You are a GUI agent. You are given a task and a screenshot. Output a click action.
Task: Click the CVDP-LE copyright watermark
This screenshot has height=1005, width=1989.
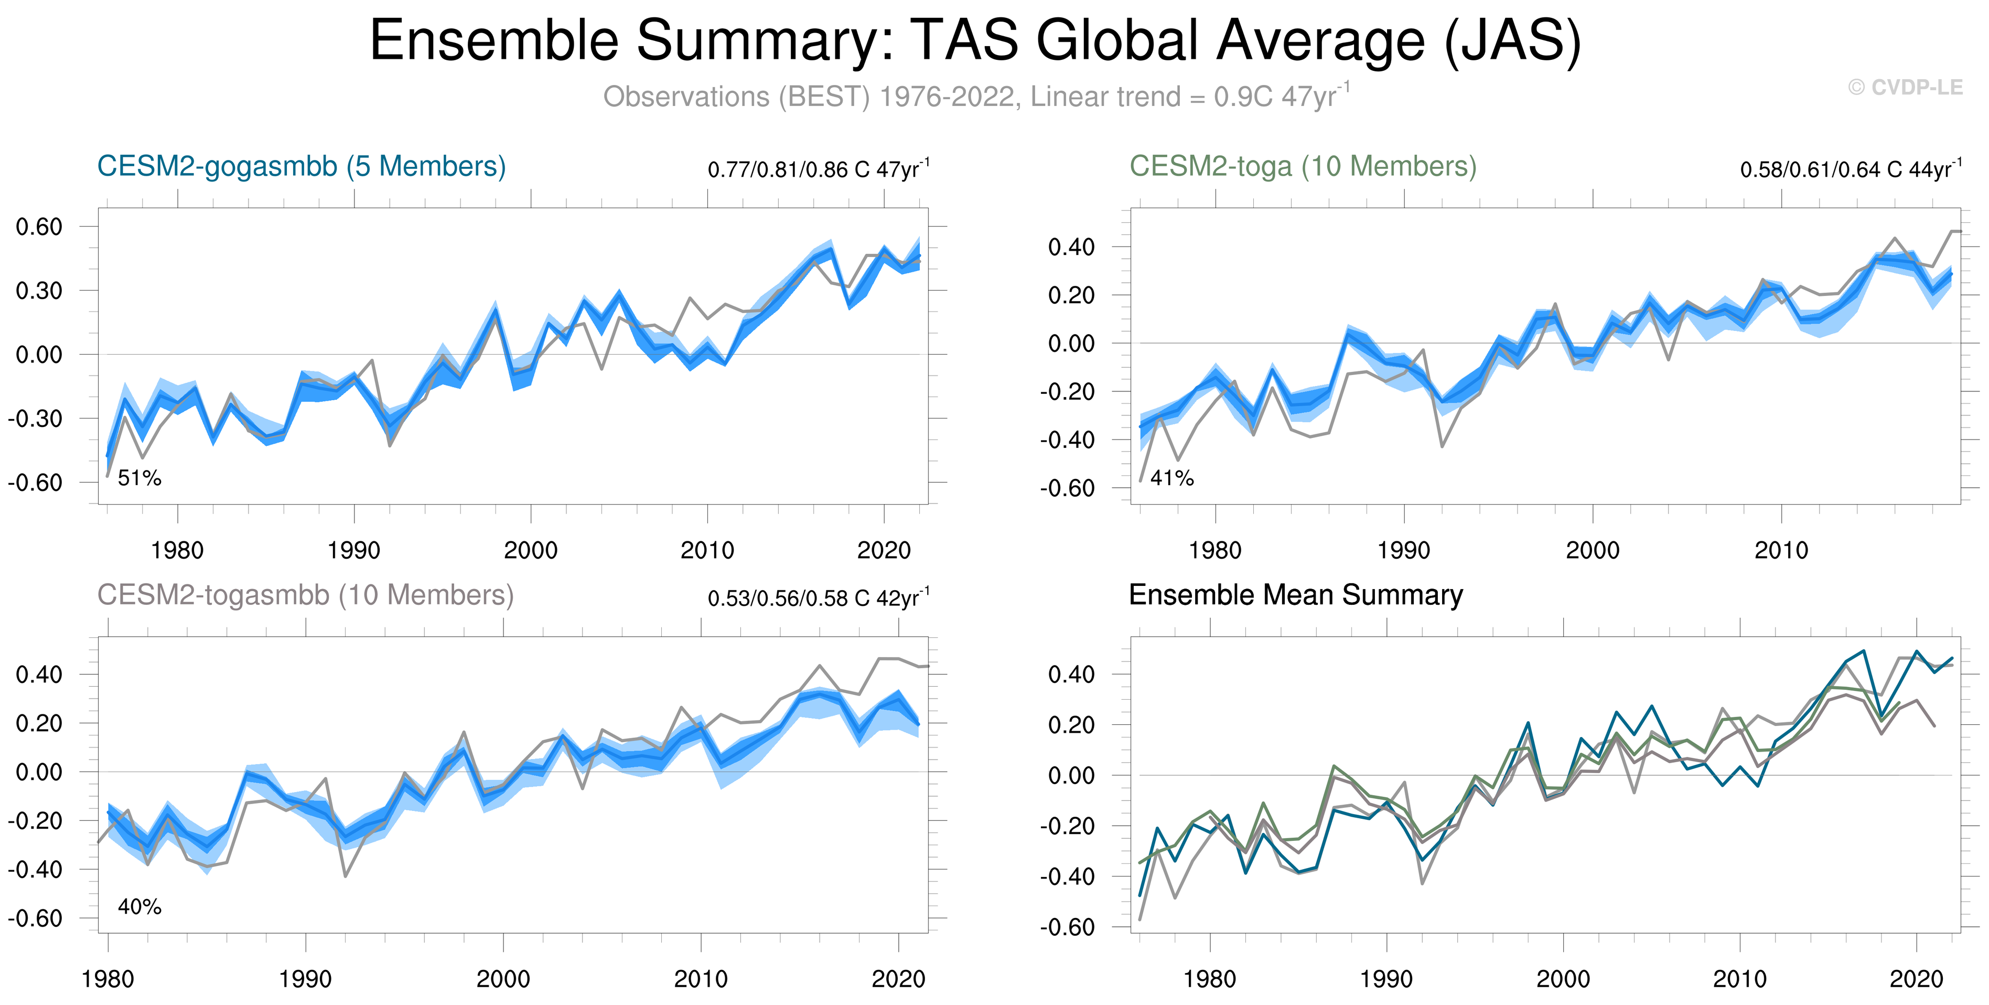click(1905, 87)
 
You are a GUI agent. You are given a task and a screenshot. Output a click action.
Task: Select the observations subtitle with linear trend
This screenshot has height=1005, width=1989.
click(976, 96)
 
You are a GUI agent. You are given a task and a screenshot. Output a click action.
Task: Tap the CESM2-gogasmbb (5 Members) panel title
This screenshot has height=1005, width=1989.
click(301, 166)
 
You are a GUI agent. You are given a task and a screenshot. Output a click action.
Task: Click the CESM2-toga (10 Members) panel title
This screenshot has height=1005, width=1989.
click(1303, 166)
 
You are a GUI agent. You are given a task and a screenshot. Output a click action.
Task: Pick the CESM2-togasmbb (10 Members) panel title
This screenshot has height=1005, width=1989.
click(305, 595)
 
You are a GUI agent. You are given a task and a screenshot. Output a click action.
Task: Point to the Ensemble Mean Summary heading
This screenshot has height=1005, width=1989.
click(1296, 595)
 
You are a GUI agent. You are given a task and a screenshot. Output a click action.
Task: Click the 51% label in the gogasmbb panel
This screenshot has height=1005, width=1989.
click(139, 478)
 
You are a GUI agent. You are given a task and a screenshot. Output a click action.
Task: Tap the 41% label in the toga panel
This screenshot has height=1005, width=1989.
click(1171, 478)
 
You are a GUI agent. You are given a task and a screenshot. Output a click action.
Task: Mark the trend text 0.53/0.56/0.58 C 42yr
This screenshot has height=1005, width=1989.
click(818, 598)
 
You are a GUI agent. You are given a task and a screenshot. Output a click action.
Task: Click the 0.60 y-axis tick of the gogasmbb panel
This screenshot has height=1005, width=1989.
click(39, 227)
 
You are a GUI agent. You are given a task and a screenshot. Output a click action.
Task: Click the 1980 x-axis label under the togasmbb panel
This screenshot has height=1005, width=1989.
click(107, 979)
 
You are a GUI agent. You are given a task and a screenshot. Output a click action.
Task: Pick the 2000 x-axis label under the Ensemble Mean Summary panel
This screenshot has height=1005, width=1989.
click(1563, 979)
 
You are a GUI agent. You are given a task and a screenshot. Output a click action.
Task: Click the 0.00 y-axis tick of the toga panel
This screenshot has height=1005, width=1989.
click(1071, 343)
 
